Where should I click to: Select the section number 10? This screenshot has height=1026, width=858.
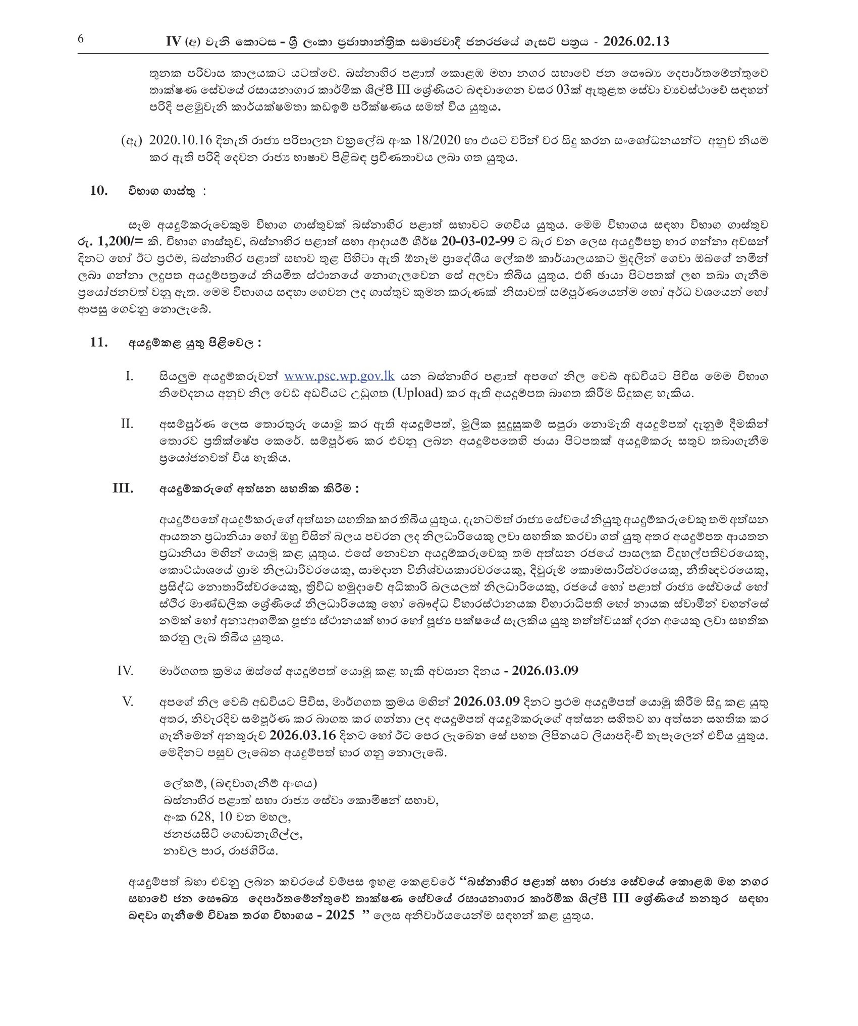(99, 190)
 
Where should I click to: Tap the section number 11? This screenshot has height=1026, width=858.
(99, 342)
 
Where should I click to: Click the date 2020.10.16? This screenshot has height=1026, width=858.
(179, 141)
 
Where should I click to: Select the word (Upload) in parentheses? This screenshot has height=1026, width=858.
(414, 393)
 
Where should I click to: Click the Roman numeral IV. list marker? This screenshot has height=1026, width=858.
(125, 671)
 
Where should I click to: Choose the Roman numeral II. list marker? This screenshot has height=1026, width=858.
(127, 423)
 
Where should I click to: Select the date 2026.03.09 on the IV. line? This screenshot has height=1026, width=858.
(545, 671)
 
